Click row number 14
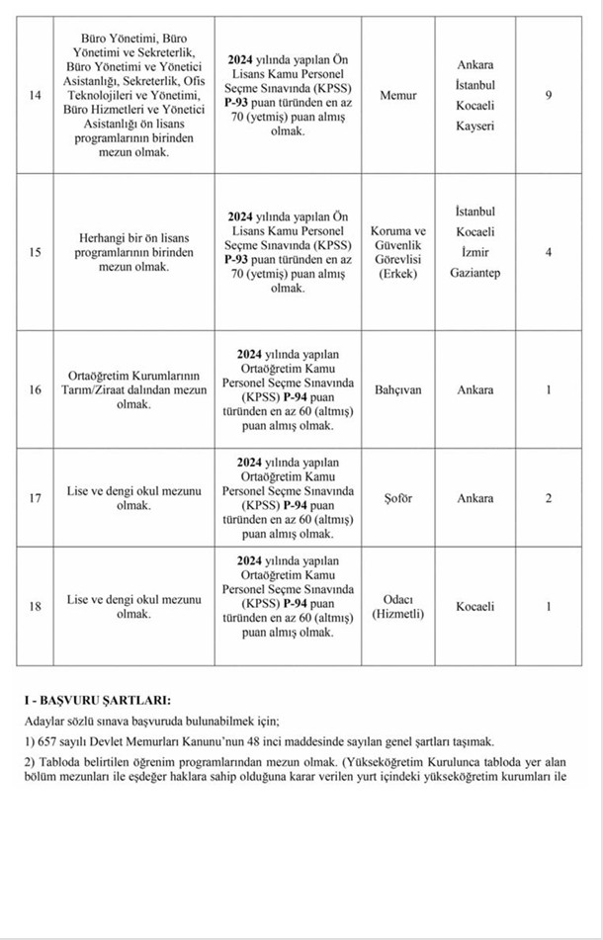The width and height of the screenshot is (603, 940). click(36, 95)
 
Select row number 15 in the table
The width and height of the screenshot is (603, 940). click(36, 252)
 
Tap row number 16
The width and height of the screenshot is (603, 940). click(36, 389)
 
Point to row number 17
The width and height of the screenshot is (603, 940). click(36, 498)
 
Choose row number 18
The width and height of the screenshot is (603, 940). click(36, 606)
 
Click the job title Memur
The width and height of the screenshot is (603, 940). click(398, 95)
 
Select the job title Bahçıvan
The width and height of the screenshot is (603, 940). click(398, 389)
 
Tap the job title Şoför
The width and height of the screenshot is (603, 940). click(398, 498)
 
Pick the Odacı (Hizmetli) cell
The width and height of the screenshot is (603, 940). click(398, 606)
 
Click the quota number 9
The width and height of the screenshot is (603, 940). click(549, 95)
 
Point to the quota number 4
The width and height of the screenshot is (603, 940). click(549, 252)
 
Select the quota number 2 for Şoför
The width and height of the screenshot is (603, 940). click(549, 498)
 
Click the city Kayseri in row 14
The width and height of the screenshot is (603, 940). click(474, 127)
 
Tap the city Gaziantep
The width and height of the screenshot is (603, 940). click(474, 272)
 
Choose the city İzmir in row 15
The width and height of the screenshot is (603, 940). click(474, 252)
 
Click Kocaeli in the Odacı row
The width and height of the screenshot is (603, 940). click(474, 606)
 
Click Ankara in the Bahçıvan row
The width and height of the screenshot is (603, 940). click(474, 389)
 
